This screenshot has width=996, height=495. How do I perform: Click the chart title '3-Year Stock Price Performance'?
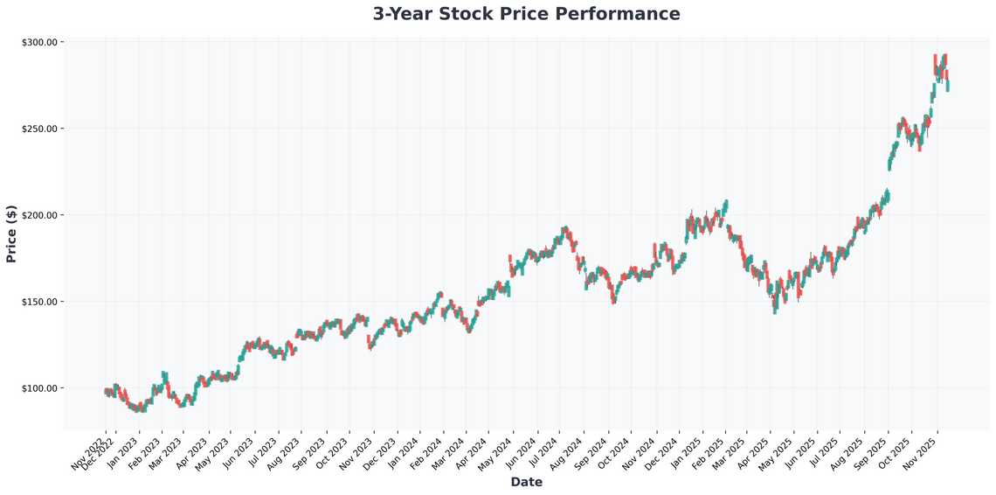click(x=526, y=14)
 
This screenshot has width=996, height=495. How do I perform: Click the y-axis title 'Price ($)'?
click(x=11, y=234)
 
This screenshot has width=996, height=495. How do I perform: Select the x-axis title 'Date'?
click(x=526, y=482)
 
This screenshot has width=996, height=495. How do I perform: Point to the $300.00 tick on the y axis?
click(x=38, y=42)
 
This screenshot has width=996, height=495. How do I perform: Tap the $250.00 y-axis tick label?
click(x=38, y=129)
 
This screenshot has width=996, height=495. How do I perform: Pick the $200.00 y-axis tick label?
click(x=38, y=215)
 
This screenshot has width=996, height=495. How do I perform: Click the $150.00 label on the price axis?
click(x=38, y=302)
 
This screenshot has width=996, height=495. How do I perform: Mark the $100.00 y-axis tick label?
click(x=38, y=388)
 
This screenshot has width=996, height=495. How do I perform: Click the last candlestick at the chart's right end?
click(x=948, y=85)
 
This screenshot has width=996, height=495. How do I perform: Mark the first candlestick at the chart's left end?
click(x=106, y=392)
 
